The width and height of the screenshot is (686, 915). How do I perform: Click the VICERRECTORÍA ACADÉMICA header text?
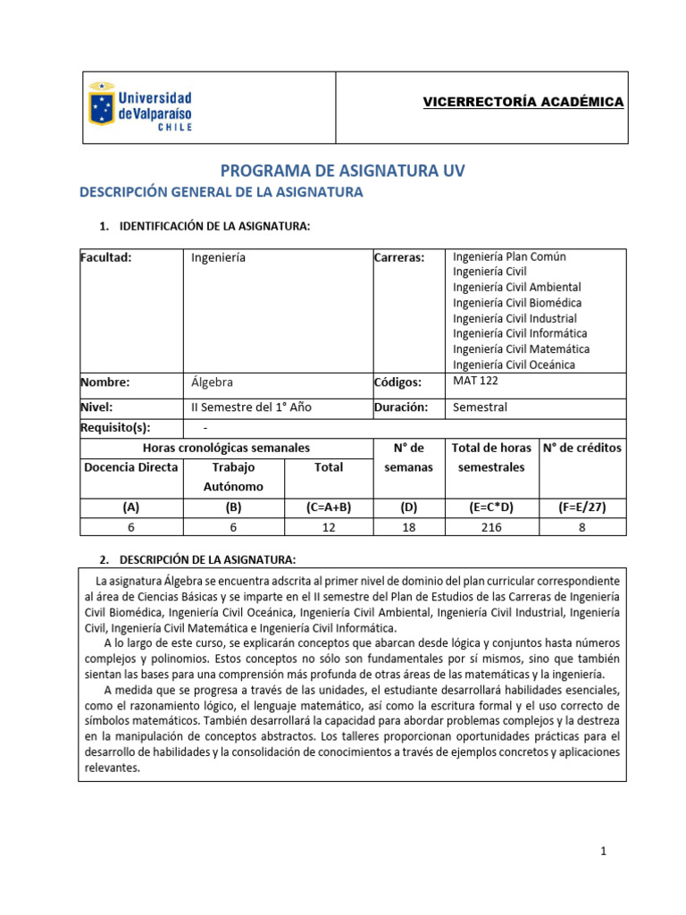(523, 102)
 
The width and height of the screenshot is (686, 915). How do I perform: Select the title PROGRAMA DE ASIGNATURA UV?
(343, 170)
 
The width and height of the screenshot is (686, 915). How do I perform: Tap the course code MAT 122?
(476, 381)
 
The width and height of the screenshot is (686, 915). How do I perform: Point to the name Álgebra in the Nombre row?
(212, 382)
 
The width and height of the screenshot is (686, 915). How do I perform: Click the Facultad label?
(106, 257)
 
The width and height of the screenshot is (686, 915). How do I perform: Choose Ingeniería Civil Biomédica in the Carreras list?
(517, 303)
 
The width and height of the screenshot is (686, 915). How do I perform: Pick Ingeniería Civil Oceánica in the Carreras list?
(514, 365)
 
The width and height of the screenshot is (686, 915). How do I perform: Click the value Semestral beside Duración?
(480, 407)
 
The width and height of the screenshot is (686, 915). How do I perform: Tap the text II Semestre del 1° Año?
(252, 407)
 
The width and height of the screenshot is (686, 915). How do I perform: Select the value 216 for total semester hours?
(490, 527)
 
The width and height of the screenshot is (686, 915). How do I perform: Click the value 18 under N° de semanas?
(409, 527)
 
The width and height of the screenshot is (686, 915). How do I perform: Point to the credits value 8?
(581, 527)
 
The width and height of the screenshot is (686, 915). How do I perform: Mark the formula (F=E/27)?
(581, 507)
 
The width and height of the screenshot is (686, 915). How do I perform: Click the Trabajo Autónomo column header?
(233, 476)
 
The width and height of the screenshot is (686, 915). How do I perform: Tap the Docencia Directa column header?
(131, 467)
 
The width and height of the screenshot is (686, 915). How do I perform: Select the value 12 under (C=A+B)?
(328, 527)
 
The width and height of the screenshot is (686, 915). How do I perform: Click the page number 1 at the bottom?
(604, 852)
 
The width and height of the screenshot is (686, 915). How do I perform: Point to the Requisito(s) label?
(115, 428)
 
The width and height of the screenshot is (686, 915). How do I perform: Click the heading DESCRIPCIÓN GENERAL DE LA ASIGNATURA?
(221, 192)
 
